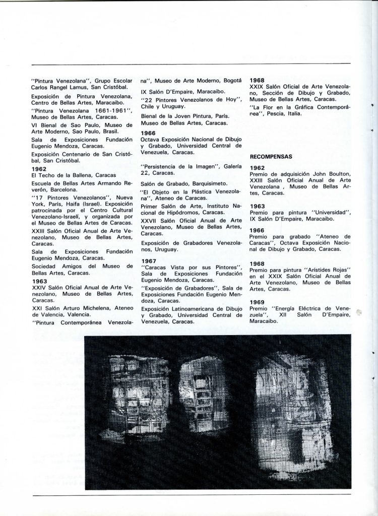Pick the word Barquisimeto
(x=204, y=183)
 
